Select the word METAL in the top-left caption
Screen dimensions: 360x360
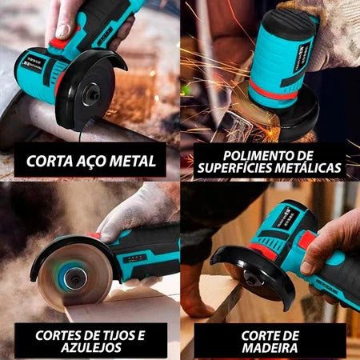coord(132,160)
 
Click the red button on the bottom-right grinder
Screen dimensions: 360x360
coord(306,238)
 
